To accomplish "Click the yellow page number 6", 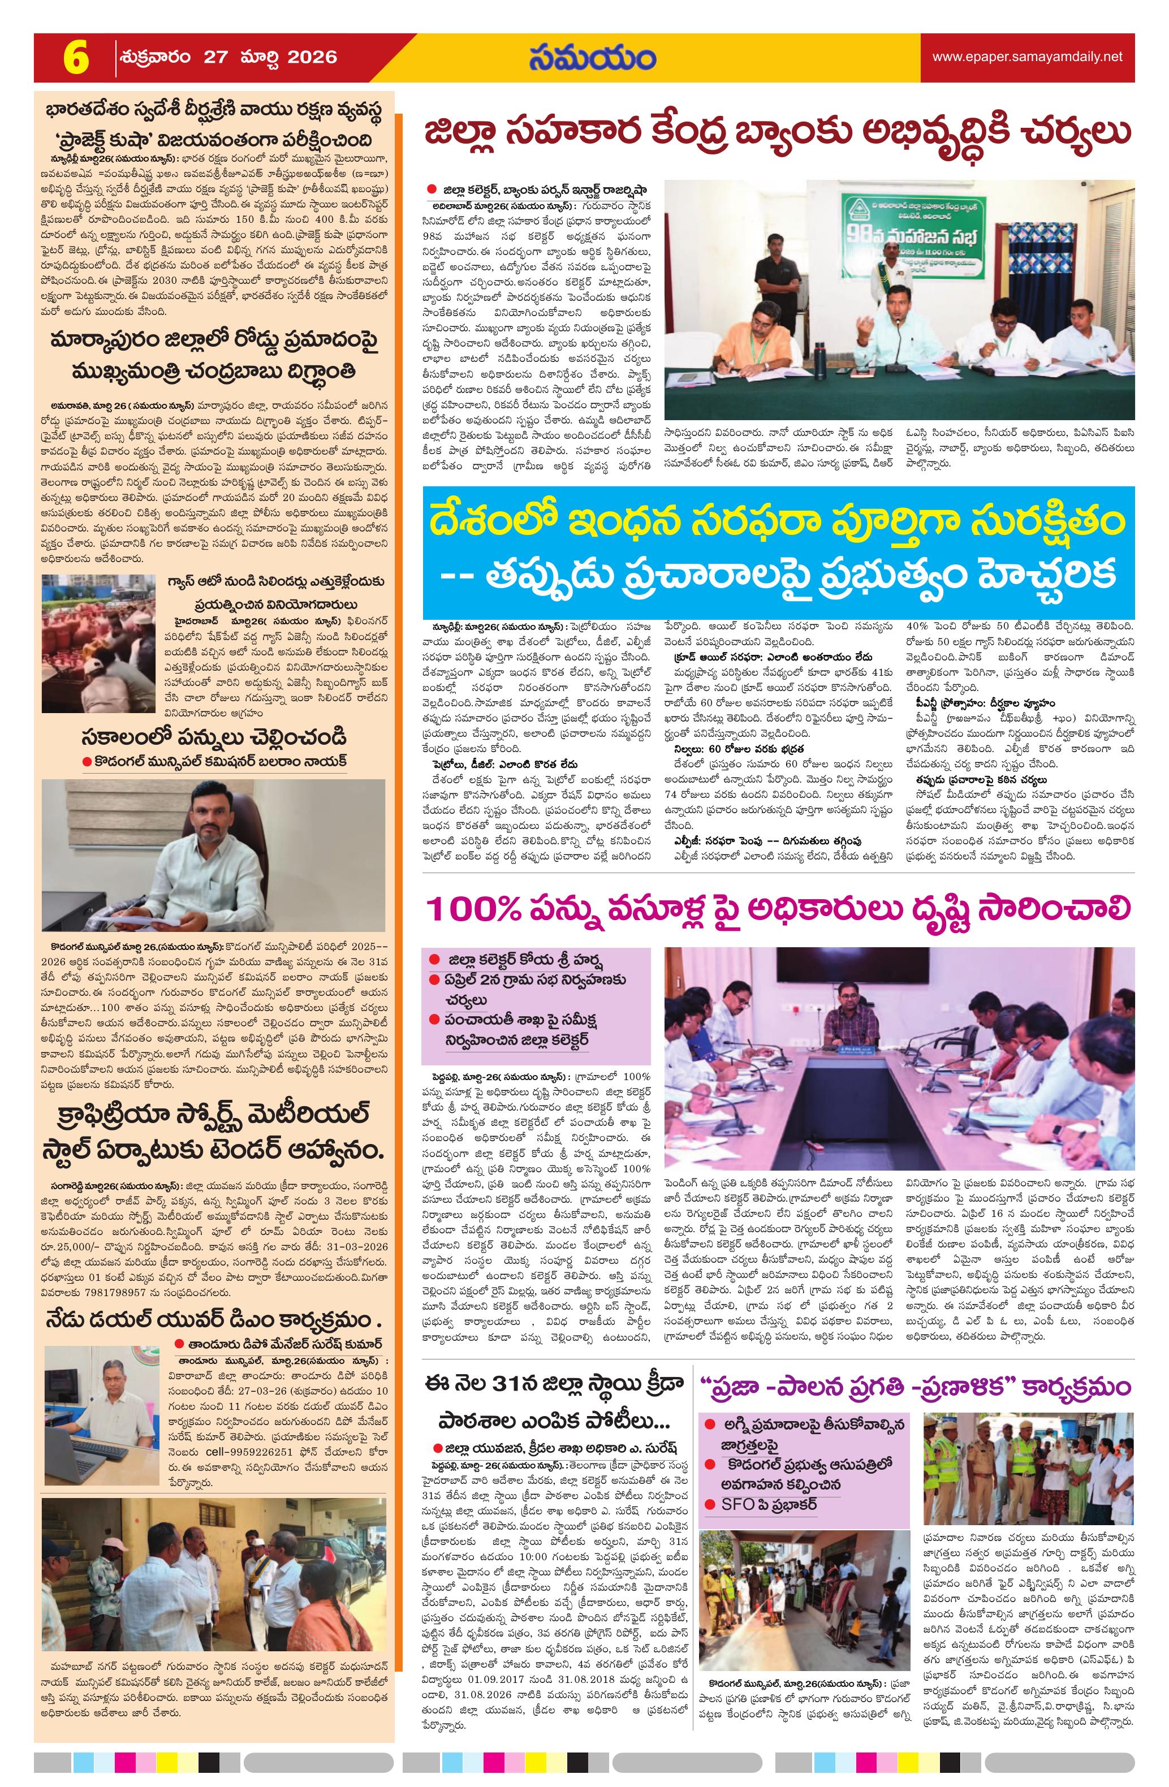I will (76, 57).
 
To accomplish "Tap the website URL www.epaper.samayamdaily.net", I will (1027, 57).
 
